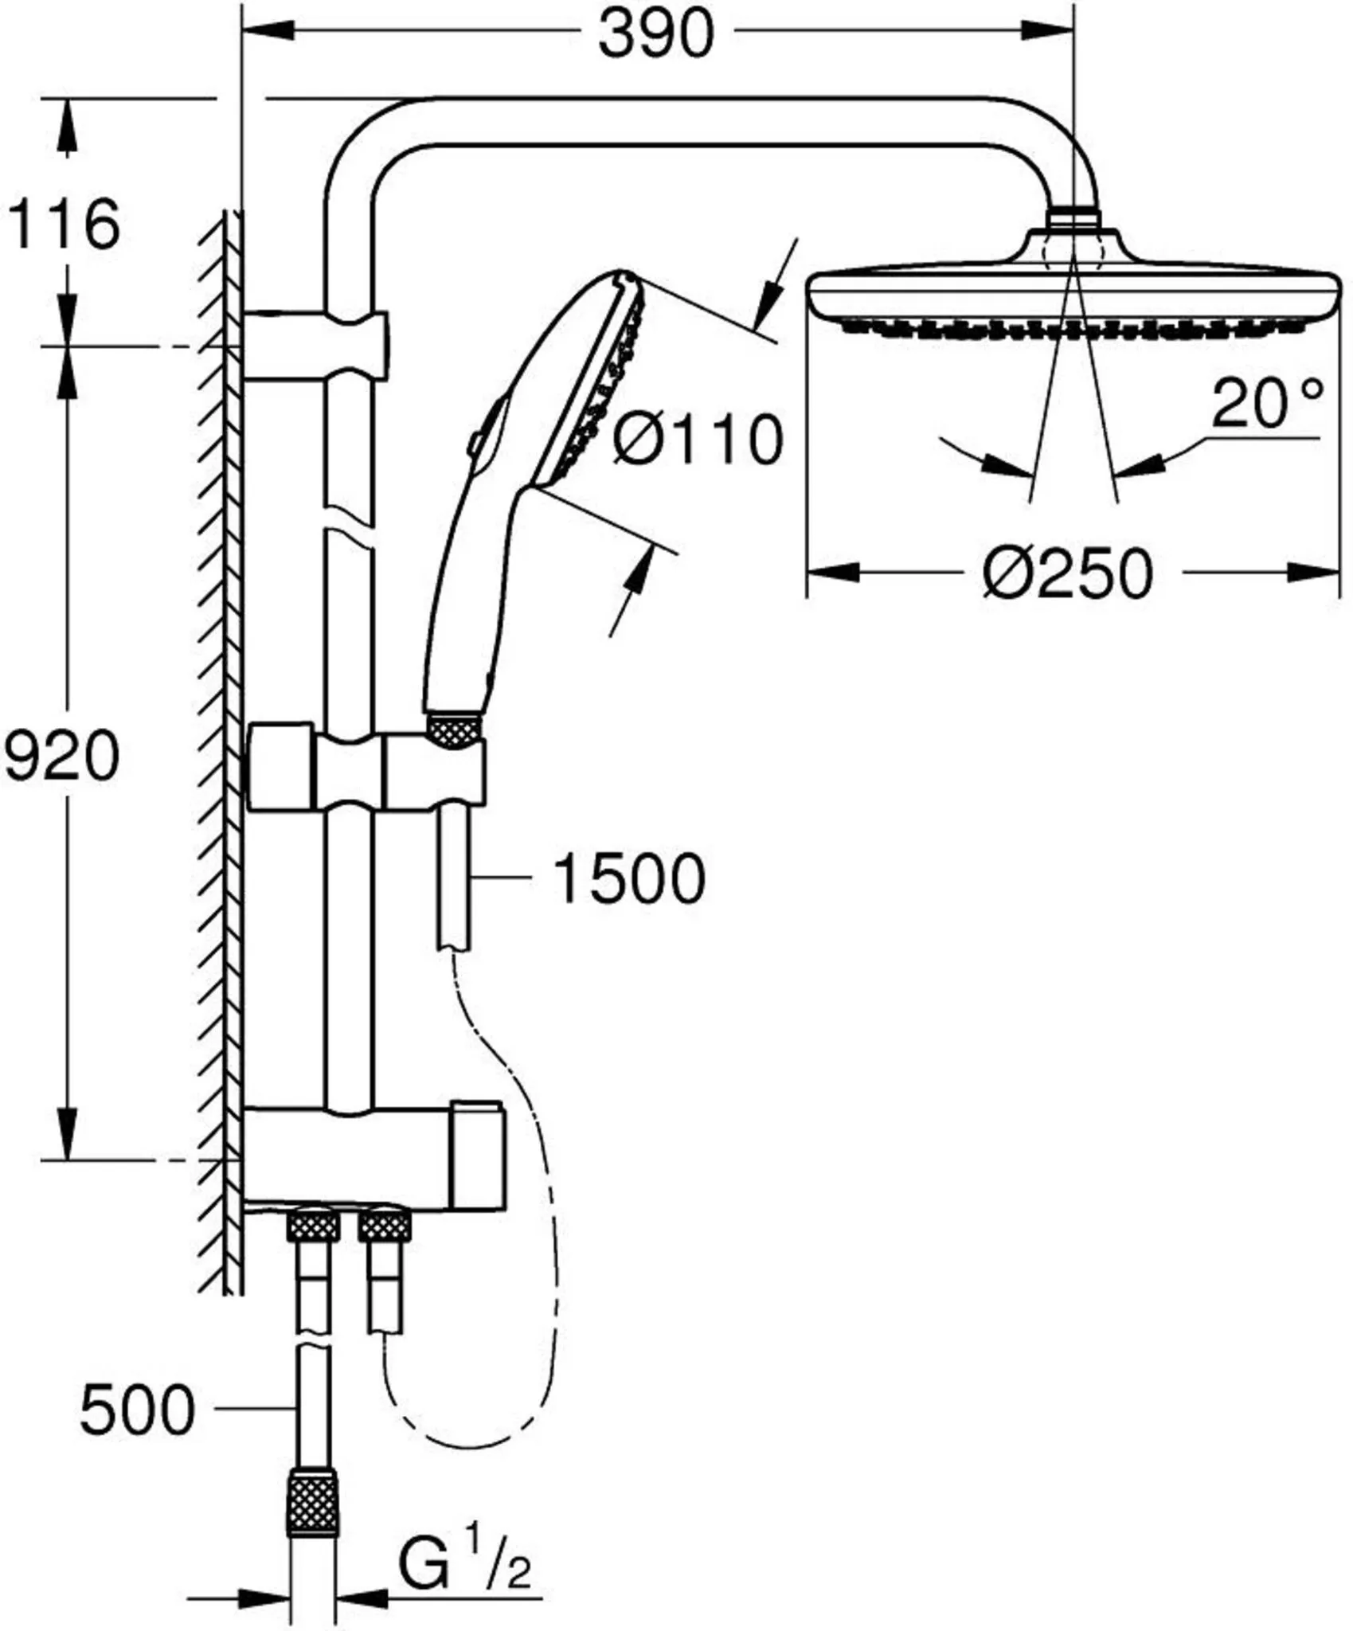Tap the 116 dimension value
64,225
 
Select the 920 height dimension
61,757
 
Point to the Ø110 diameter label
698,439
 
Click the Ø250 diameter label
1067,573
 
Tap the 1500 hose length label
628,879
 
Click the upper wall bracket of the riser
317,346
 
